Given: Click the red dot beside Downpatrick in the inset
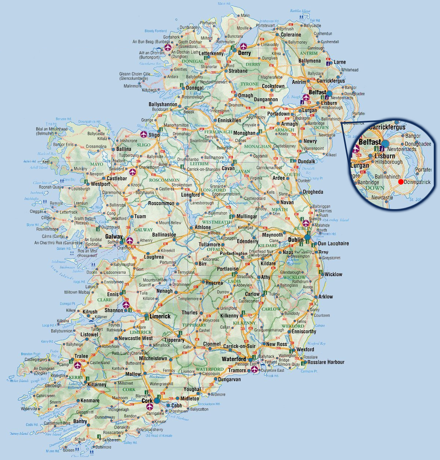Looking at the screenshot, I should click(x=401, y=182).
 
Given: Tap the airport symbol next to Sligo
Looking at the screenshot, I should click(x=143, y=134).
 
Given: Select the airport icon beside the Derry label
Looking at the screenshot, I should click(x=243, y=47).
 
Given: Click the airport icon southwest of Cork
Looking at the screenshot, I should click(x=149, y=407).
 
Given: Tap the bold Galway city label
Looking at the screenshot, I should click(x=114, y=237).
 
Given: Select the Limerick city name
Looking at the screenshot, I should click(x=160, y=316).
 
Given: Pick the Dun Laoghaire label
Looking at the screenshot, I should click(x=333, y=244).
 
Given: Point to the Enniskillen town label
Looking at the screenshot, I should click(x=230, y=120).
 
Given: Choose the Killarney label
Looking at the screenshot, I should click(x=97, y=385).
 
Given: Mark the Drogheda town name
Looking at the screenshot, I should click(x=313, y=192).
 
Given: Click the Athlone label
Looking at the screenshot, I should click(x=202, y=227).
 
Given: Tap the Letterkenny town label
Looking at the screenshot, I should click(x=211, y=53).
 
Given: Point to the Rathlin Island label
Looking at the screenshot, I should click(x=300, y=11).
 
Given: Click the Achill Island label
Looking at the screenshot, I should click(x=39, y=167).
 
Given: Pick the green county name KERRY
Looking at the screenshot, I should click(x=76, y=377).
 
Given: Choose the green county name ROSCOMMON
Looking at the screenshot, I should click(x=164, y=180).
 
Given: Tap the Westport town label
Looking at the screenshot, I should click(x=100, y=184).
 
